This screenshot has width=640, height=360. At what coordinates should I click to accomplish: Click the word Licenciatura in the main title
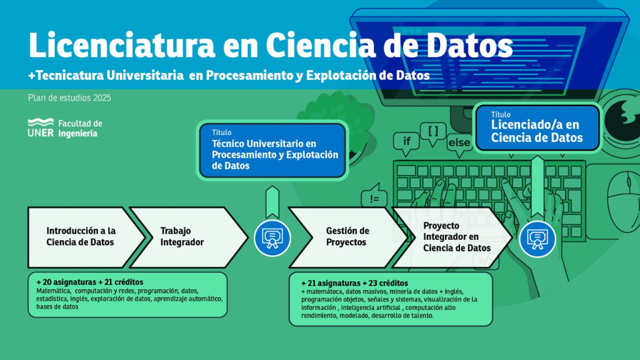[x=122, y=45]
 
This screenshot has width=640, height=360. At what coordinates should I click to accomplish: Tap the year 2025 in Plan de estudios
[x=102, y=98]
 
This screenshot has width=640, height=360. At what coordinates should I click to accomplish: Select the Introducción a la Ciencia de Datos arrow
[x=86, y=237]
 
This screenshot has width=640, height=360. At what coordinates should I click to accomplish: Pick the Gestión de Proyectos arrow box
[x=347, y=237]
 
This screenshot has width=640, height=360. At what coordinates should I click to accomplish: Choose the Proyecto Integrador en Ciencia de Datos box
[x=452, y=237]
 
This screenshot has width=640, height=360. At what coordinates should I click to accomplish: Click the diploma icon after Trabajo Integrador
[x=272, y=238]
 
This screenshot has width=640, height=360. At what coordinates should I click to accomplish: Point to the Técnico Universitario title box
[x=272, y=150]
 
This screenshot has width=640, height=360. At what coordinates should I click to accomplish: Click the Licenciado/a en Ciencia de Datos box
[x=537, y=127]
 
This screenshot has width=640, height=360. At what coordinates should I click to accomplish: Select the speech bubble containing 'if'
[x=406, y=143]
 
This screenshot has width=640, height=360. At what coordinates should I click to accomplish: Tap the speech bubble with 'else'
[x=459, y=144]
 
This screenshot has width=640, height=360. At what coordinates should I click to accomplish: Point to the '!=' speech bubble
[x=374, y=196]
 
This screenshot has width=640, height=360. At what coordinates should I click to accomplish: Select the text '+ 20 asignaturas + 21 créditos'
[x=90, y=282]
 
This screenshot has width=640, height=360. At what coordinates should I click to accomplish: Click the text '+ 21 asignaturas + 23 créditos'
[x=355, y=283]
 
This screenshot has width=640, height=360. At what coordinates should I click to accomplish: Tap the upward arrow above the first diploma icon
[x=272, y=202]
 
